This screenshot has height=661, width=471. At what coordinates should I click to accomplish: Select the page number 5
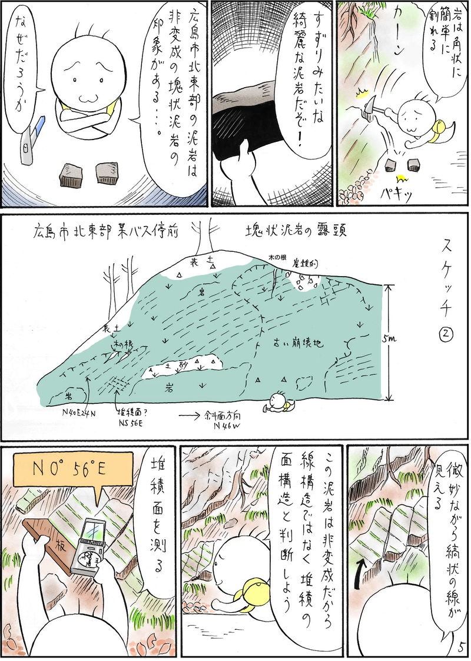459,647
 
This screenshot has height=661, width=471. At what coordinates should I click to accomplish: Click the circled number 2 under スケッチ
446,334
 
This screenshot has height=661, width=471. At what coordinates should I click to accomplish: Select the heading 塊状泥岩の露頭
296,231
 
